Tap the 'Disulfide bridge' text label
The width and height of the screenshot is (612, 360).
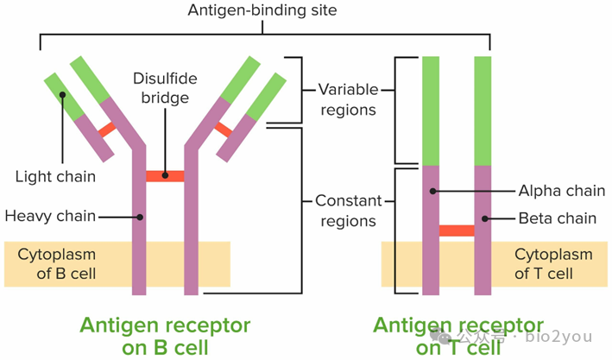click(165, 88)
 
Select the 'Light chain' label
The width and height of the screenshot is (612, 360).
click(56, 177)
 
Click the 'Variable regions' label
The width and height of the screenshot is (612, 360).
click(347, 99)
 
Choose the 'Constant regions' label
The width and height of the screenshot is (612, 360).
click(347, 211)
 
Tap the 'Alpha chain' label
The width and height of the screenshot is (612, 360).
click(558, 191)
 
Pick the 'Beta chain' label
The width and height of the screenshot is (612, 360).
click(558, 218)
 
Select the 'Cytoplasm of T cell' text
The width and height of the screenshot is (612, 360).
click(553, 264)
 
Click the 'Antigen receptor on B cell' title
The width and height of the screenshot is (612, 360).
click(165, 336)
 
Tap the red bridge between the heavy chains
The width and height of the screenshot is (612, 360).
click(165, 176)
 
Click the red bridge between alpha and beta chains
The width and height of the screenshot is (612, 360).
click(457, 231)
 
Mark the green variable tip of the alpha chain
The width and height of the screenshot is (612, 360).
click(431, 110)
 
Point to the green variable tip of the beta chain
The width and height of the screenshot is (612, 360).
click(483, 110)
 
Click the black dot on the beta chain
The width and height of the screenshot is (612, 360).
click(485, 218)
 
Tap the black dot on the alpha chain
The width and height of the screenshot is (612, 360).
click(435, 191)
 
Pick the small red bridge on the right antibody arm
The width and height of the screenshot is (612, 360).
click(223, 129)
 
